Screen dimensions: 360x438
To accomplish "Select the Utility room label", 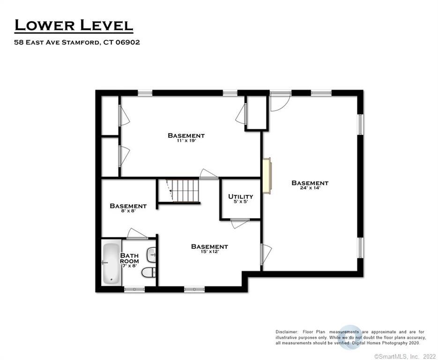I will coord(240,196).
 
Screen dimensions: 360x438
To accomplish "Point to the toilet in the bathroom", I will coord(148,272).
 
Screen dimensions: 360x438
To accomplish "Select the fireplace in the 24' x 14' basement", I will coord(266,175).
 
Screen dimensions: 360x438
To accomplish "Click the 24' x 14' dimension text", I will coord(310,189).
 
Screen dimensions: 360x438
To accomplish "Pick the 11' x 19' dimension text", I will coord(186,141).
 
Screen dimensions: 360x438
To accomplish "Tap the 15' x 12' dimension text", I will coord(209,252).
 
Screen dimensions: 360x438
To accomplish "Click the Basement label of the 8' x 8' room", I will coord(128,206).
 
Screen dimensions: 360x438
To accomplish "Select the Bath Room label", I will coord(129,258).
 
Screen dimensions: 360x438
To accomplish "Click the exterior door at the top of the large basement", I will coord(280,101).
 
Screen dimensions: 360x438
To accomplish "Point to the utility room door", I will coord(239,223).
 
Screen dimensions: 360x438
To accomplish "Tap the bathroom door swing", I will coord(137,233).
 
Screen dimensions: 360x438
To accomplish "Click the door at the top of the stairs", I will coord(208,173).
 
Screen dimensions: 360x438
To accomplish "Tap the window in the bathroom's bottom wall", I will coord(134,289).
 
